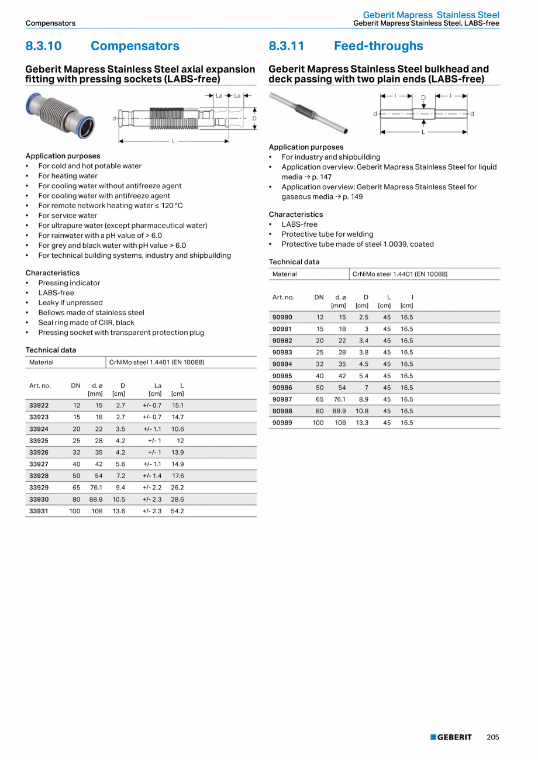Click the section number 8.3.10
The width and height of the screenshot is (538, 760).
coord(44,46)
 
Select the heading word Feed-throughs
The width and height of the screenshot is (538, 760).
coord(378,46)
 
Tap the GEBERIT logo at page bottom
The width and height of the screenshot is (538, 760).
coord(451,737)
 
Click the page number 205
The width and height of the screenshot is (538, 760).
coord(493,737)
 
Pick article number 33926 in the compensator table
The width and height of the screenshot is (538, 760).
coord(39,452)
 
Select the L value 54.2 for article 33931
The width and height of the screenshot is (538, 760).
coord(177,511)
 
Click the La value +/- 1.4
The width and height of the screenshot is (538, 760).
coord(152,476)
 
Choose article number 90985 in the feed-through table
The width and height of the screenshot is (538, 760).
coord(282,376)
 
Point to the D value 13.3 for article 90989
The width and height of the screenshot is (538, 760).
coord(362,423)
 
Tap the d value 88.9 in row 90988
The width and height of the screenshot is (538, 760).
coord(339,411)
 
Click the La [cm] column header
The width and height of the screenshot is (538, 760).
coord(156,389)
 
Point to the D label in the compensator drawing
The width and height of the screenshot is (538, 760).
coord(254,119)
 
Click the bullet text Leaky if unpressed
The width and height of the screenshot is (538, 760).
coord(70,303)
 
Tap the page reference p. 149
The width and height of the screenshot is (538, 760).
coord(353,197)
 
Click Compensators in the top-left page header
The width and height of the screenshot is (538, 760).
coord(50,23)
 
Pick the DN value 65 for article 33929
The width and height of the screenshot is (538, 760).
coord(76,488)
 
